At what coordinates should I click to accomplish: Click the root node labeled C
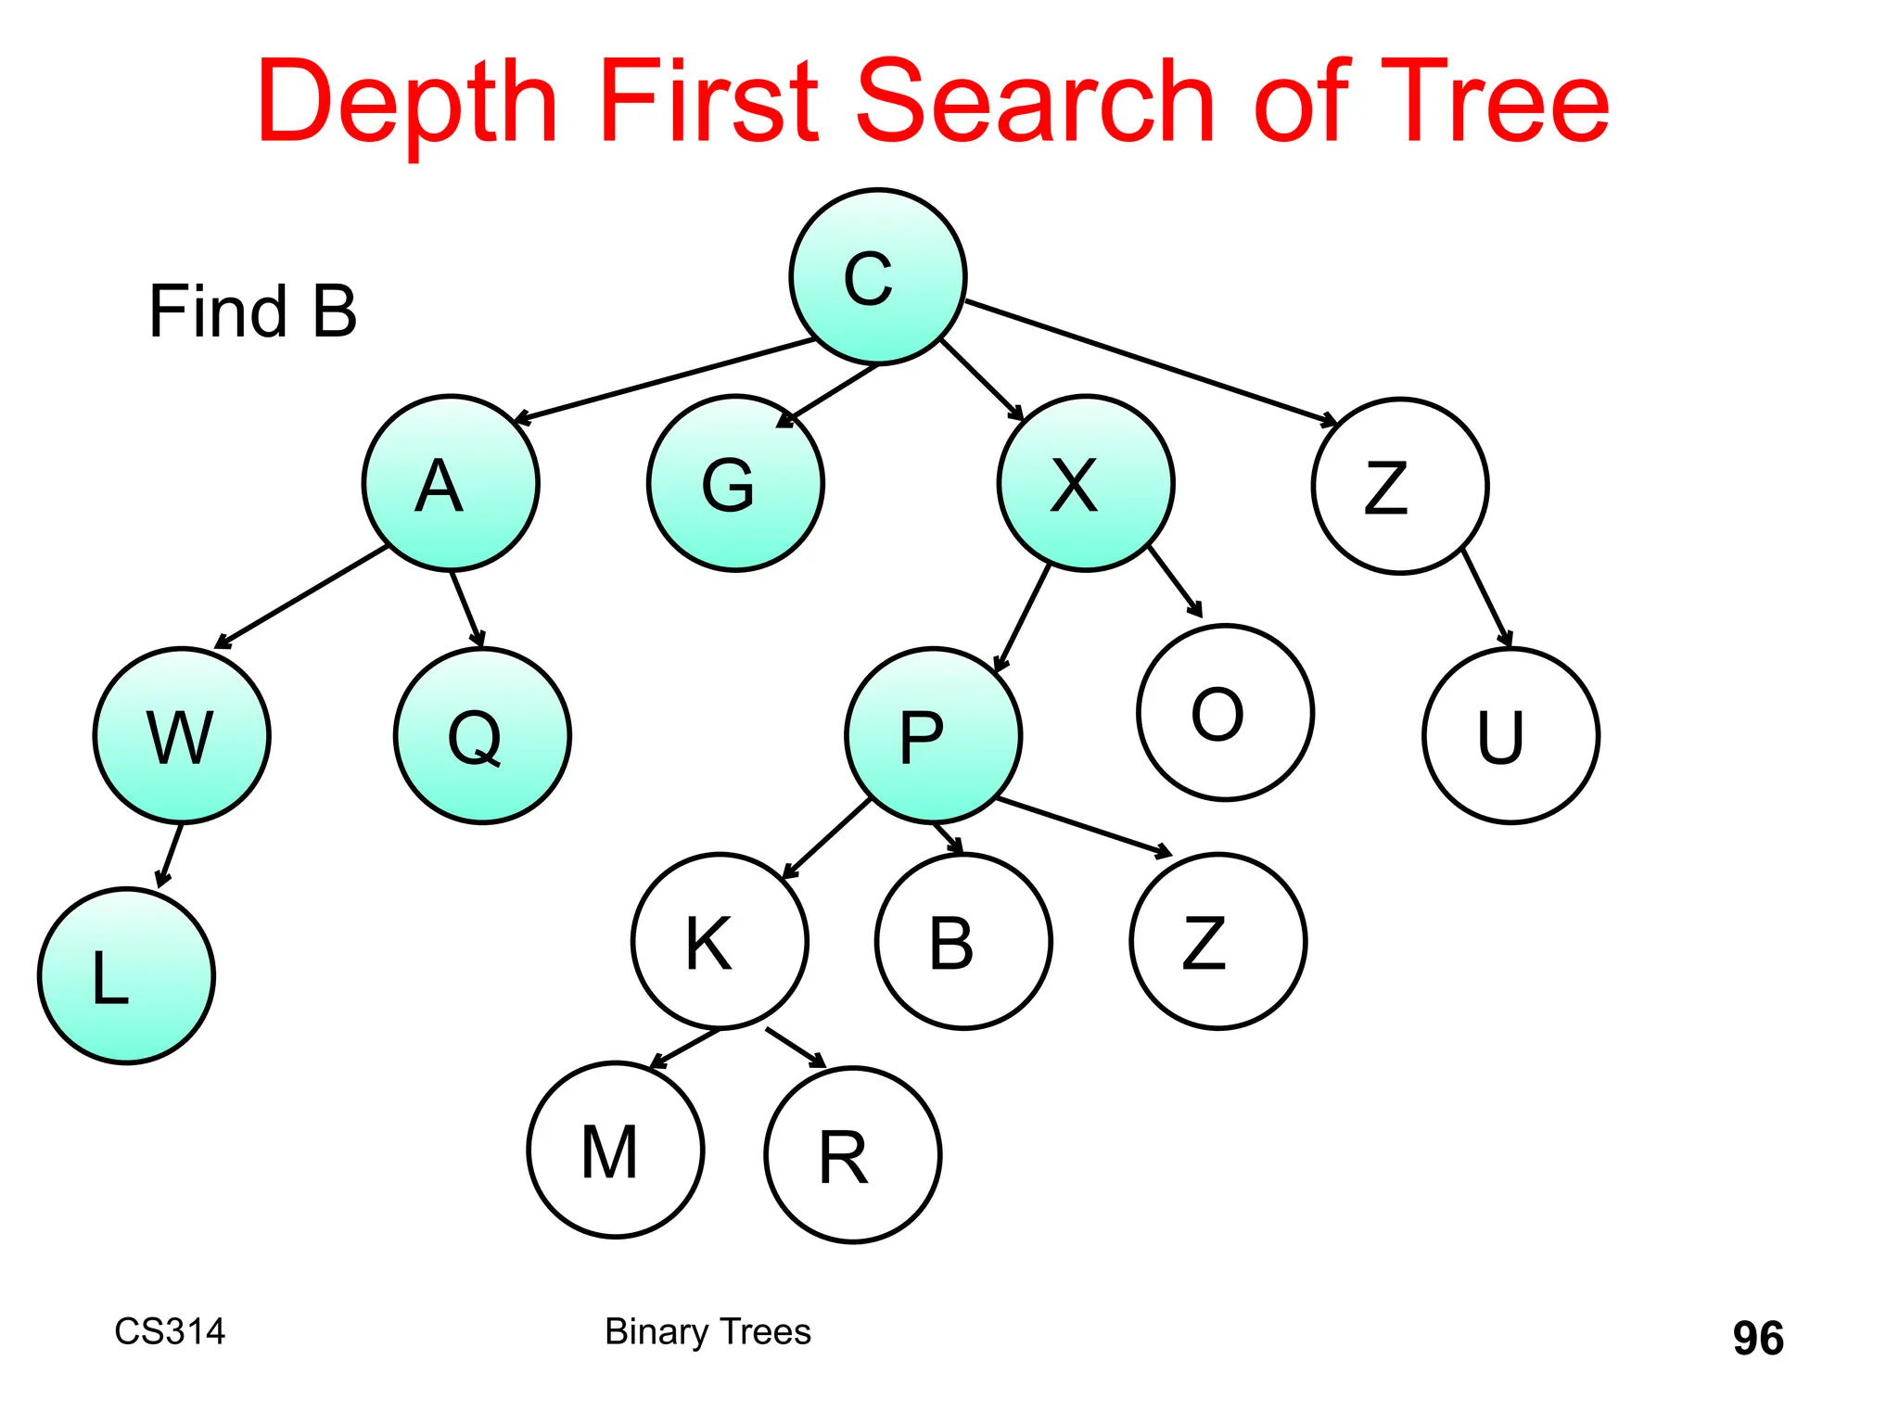pos(877,277)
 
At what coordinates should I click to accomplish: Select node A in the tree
pos(451,483)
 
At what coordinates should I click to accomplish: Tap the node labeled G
pos(735,483)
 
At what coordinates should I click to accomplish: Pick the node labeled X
pos(1086,483)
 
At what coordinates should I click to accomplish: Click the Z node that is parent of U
pos(1400,487)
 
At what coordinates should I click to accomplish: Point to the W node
pos(182,735)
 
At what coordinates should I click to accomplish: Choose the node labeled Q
pos(482,735)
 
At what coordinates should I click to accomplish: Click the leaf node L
pos(126,975)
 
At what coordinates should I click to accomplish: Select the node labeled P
pos(933,735)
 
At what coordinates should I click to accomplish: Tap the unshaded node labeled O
pos(1225,712)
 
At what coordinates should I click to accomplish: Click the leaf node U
pos(1510,735)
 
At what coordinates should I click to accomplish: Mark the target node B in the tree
pos(963,941)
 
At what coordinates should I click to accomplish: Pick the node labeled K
pos(720,941)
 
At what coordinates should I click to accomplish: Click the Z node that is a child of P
pos(1217,941)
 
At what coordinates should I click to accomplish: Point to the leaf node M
pos(616,1150)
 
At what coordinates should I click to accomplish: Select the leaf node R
pos(853,1155)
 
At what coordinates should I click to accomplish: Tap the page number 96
pos(1758,1338)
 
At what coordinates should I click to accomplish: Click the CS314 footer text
pos(170,1331)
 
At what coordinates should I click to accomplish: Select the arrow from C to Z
pos(1150,362)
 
